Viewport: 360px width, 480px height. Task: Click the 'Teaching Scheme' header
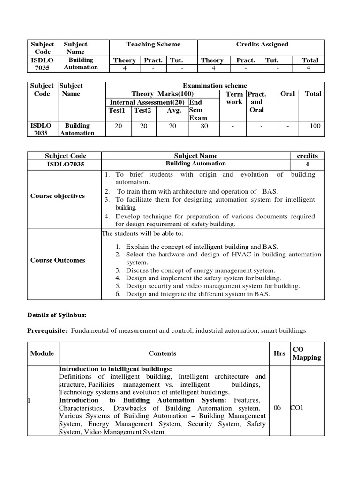153,45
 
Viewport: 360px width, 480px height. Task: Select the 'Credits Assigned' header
262,45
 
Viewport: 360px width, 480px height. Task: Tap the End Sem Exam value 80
204,126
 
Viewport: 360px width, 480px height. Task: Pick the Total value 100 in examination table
315,126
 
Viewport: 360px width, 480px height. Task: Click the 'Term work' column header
234,98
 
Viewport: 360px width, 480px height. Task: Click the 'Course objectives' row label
58,196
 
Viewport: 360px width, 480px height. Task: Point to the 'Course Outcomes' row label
58,260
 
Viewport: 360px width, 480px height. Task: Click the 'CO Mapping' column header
307,353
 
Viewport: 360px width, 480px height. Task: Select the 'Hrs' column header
279,353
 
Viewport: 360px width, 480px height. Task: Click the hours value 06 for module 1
277,408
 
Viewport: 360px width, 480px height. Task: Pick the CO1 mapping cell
297,408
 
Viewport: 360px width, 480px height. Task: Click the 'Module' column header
42,353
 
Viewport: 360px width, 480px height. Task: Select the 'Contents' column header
162,353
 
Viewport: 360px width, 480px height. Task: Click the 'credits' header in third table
307,156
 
